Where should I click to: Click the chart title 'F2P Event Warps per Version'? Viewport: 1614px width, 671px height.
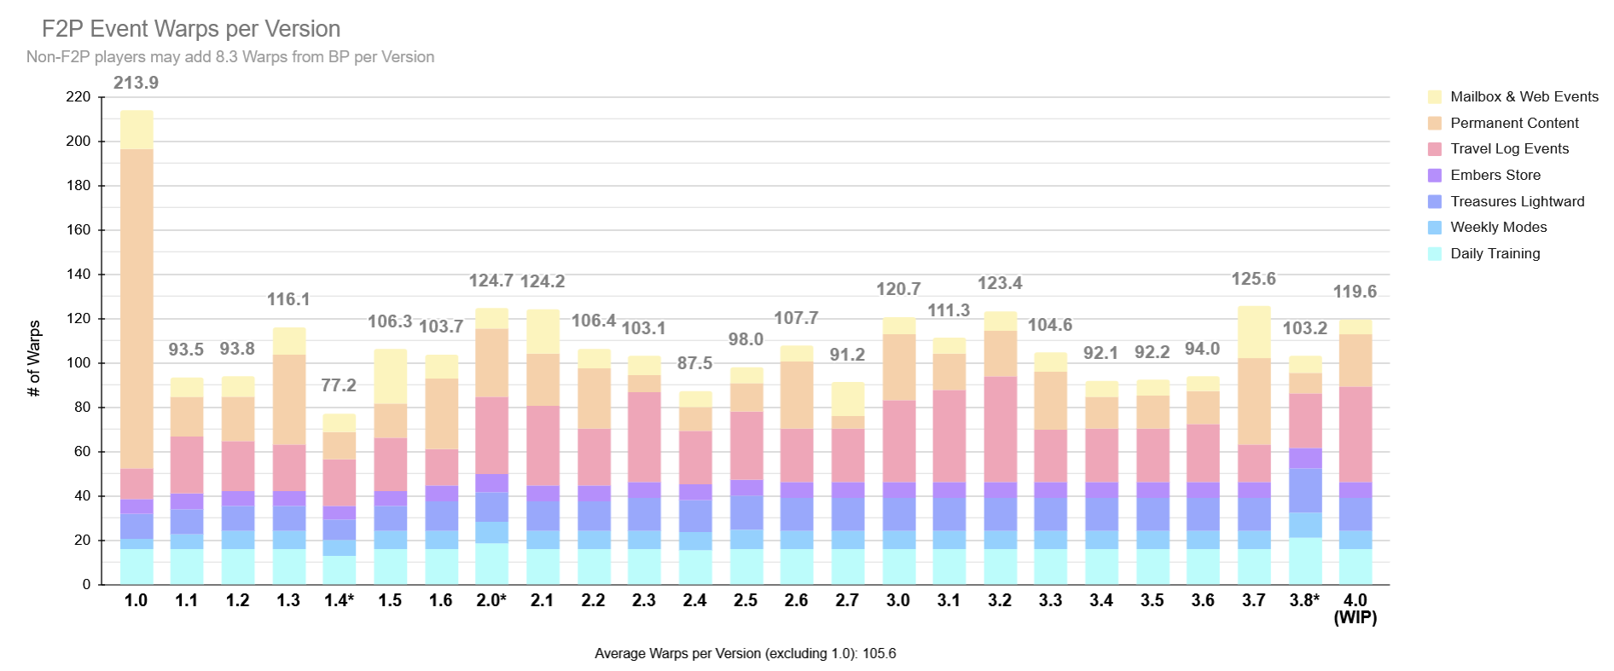click(x=191, y=29)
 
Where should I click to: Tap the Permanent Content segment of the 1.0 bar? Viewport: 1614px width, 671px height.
click(x=136, y=307)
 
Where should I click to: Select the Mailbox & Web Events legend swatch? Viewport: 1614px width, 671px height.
click(x=1434, y=97)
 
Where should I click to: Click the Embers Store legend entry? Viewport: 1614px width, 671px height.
click(x=1495, y=176)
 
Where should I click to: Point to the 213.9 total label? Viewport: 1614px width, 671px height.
click(x=136, y=83)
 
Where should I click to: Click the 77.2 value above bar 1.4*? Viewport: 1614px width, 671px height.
click(x=339, y=385)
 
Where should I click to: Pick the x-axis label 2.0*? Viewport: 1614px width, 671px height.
click(x=491, y=600)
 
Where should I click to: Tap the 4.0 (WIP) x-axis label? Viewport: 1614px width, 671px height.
click(x=1355, y=609)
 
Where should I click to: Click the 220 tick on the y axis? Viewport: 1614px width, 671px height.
click(x=78, y=97)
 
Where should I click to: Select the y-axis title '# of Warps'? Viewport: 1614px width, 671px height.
click(x=34, y=358)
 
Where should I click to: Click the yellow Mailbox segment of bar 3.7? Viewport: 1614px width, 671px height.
click(x=1254, y=333)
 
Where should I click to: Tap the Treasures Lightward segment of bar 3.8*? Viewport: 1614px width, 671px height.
click(x=1304, y=490)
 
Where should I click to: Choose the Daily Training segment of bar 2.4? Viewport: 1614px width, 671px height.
click(x=694, y=567)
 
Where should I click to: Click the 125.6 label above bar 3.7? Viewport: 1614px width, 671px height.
click(x=1253, y=279)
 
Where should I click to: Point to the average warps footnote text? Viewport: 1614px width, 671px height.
click(x=745, y=654)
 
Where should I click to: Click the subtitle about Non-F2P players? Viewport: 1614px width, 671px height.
click(x=230, y=57)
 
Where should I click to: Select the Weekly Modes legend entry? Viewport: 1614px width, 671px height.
click(x=1498, y=228)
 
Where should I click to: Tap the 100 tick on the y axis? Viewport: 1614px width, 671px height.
click(x=78, y=363)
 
